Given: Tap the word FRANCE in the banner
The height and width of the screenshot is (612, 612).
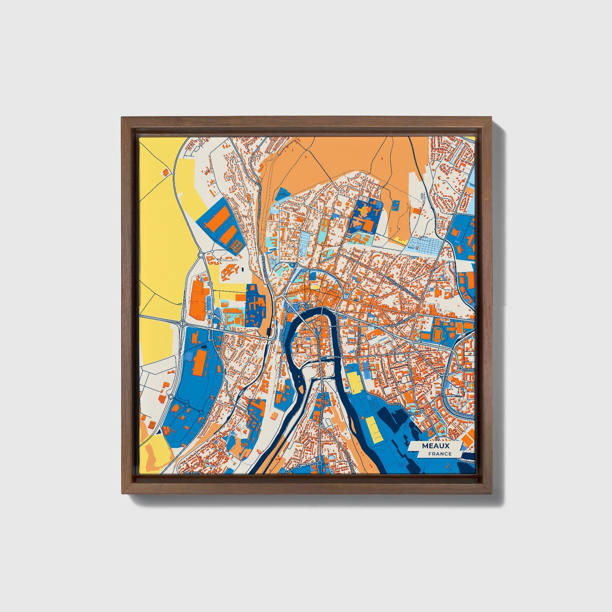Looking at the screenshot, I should tap(440, 454).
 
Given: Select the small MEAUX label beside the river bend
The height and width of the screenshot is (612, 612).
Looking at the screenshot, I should tap(305, 305).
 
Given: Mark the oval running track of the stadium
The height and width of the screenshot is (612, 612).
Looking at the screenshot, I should tap(437, 335).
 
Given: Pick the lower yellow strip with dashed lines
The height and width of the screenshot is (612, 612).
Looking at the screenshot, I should tap(372, 428).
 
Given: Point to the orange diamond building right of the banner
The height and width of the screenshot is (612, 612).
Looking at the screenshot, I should tap(468, 439).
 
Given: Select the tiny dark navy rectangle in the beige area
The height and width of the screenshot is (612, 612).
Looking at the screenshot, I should tap(243, 269).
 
